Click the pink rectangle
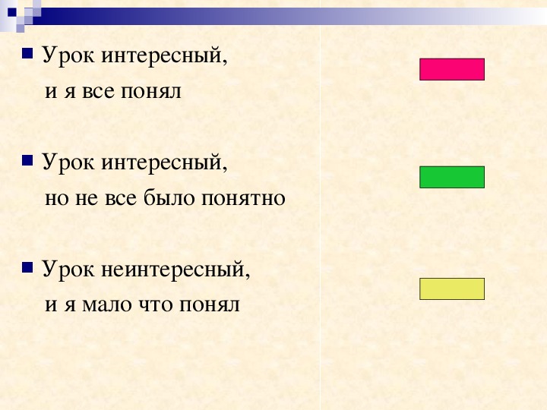tap(452, 69)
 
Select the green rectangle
tap(452, 177)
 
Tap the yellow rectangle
tap(452, 289)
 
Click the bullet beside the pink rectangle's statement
tap(27, 54)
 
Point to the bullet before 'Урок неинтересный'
tap(27, 267)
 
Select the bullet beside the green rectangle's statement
tap(27, 160)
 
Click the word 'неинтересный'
tap(175, 270)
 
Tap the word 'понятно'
tap(244, 199)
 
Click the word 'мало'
tap(107, 305)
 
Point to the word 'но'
tap(56, 199)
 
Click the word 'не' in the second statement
tap(87, 199)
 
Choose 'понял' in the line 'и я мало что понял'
tap(210, 305)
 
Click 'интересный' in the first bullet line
tap(164, 56)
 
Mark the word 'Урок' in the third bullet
tap(68, 270)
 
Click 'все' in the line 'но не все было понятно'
tap(120, 199)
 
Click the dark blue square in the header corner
tap(12, 13)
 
